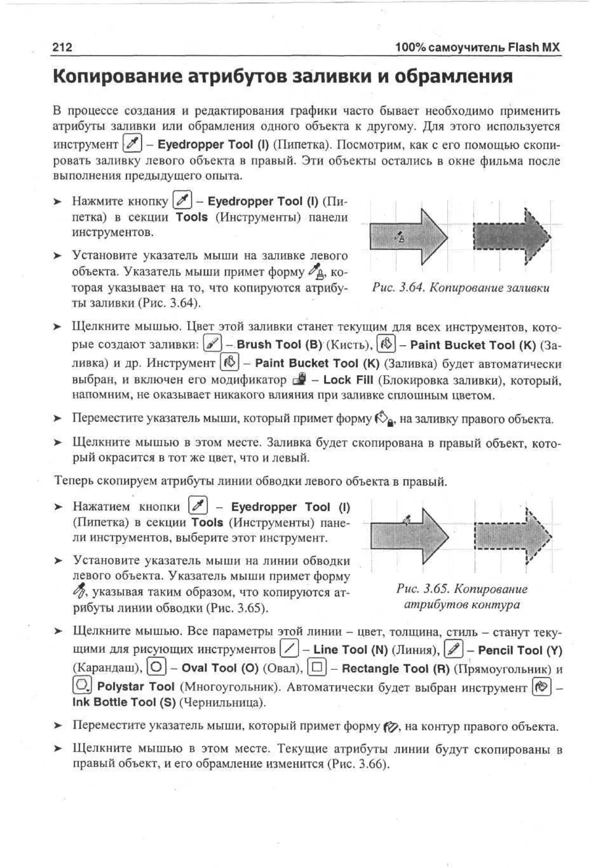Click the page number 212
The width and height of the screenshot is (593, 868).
click(62, 47)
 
